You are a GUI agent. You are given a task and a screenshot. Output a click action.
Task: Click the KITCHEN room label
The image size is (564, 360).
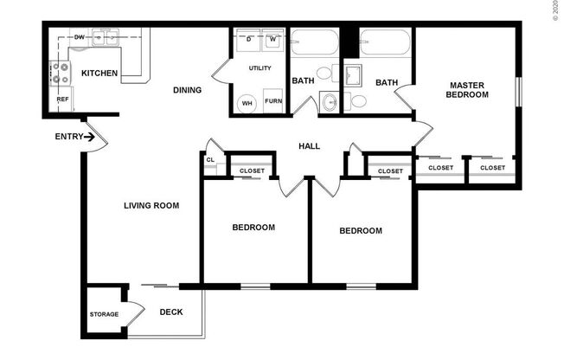99,73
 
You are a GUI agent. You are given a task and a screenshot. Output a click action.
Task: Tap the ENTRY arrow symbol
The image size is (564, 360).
89,137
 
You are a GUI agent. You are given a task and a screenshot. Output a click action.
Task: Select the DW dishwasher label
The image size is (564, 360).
79,37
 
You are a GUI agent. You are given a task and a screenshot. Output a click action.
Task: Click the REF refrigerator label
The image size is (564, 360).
62,99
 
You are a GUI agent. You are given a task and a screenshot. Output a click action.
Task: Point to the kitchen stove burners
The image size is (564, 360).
60,73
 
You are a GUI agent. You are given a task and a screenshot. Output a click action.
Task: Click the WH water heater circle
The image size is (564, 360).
247,103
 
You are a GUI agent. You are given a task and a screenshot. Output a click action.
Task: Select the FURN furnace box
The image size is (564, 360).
273,100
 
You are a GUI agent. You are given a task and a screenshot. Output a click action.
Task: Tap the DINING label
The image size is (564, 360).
187,90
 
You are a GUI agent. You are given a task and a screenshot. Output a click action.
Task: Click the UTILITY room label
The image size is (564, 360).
260,68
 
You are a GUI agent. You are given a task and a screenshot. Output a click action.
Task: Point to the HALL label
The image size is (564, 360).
310,146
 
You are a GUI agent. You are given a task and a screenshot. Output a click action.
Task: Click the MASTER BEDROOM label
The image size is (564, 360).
467,90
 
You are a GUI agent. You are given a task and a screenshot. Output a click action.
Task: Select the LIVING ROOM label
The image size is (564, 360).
151,206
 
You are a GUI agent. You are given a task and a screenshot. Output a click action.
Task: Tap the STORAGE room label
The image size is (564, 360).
104,314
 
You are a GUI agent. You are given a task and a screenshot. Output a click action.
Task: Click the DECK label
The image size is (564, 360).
171,312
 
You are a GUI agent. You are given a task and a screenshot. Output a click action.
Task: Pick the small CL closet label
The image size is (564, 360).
210,159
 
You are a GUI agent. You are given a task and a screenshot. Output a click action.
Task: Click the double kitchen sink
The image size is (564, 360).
106,37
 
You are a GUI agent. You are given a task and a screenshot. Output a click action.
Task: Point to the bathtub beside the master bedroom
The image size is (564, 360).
385,42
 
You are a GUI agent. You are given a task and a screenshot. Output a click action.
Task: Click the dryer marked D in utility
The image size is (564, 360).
248,41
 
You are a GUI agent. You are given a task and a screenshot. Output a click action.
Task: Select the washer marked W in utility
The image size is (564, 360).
273,41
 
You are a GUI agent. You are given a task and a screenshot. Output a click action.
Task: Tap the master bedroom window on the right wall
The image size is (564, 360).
518,92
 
